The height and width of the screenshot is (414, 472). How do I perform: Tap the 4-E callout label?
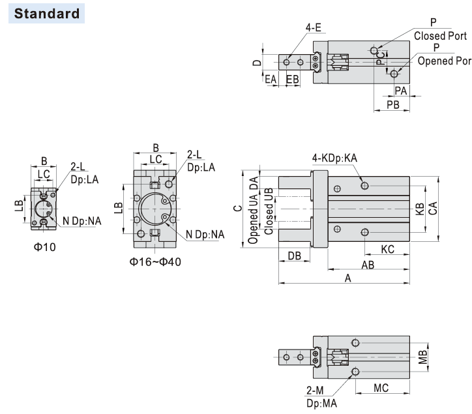(x=314, y=28)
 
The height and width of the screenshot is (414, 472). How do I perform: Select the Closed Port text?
(x=439, y=36)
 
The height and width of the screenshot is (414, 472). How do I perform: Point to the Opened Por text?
(x=443, y=61)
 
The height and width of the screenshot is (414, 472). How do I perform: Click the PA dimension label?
(x=400, y=91)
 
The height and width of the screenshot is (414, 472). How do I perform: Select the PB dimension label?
(x=392, y=104)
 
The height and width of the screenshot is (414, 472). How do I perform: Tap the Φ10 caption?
(x=44, y=246)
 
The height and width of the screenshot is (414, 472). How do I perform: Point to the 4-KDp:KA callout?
(x=334, y=158)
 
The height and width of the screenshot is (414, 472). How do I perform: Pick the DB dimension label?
(x=294, y=256)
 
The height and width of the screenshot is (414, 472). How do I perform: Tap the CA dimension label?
(x=432, y=207)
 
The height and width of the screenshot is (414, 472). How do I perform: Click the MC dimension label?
(x=381, y=388)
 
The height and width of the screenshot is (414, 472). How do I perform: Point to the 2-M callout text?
(x=314, y=389)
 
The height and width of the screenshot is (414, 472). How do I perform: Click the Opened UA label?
(x=253, y=213)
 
